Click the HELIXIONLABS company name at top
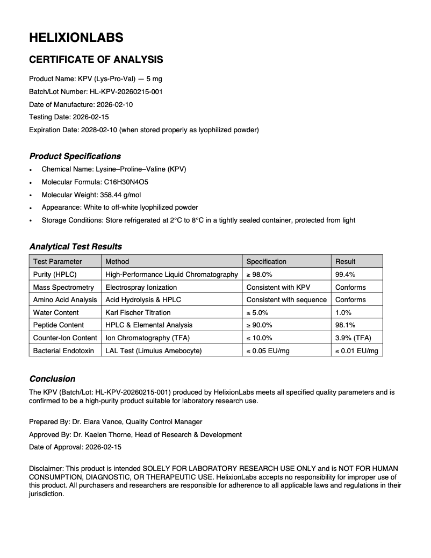point(76,37)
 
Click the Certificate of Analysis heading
point(96,60)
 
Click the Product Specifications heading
point(75,156)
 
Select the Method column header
point(117,261)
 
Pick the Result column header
point(346,261)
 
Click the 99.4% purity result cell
point(344,274)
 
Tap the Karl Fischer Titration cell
point(138,312)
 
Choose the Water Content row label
point(56,312)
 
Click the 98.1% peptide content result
point(344,325)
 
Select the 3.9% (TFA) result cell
point(353,338)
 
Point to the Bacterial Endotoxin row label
point(63,351)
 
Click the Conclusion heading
point(52,379)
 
